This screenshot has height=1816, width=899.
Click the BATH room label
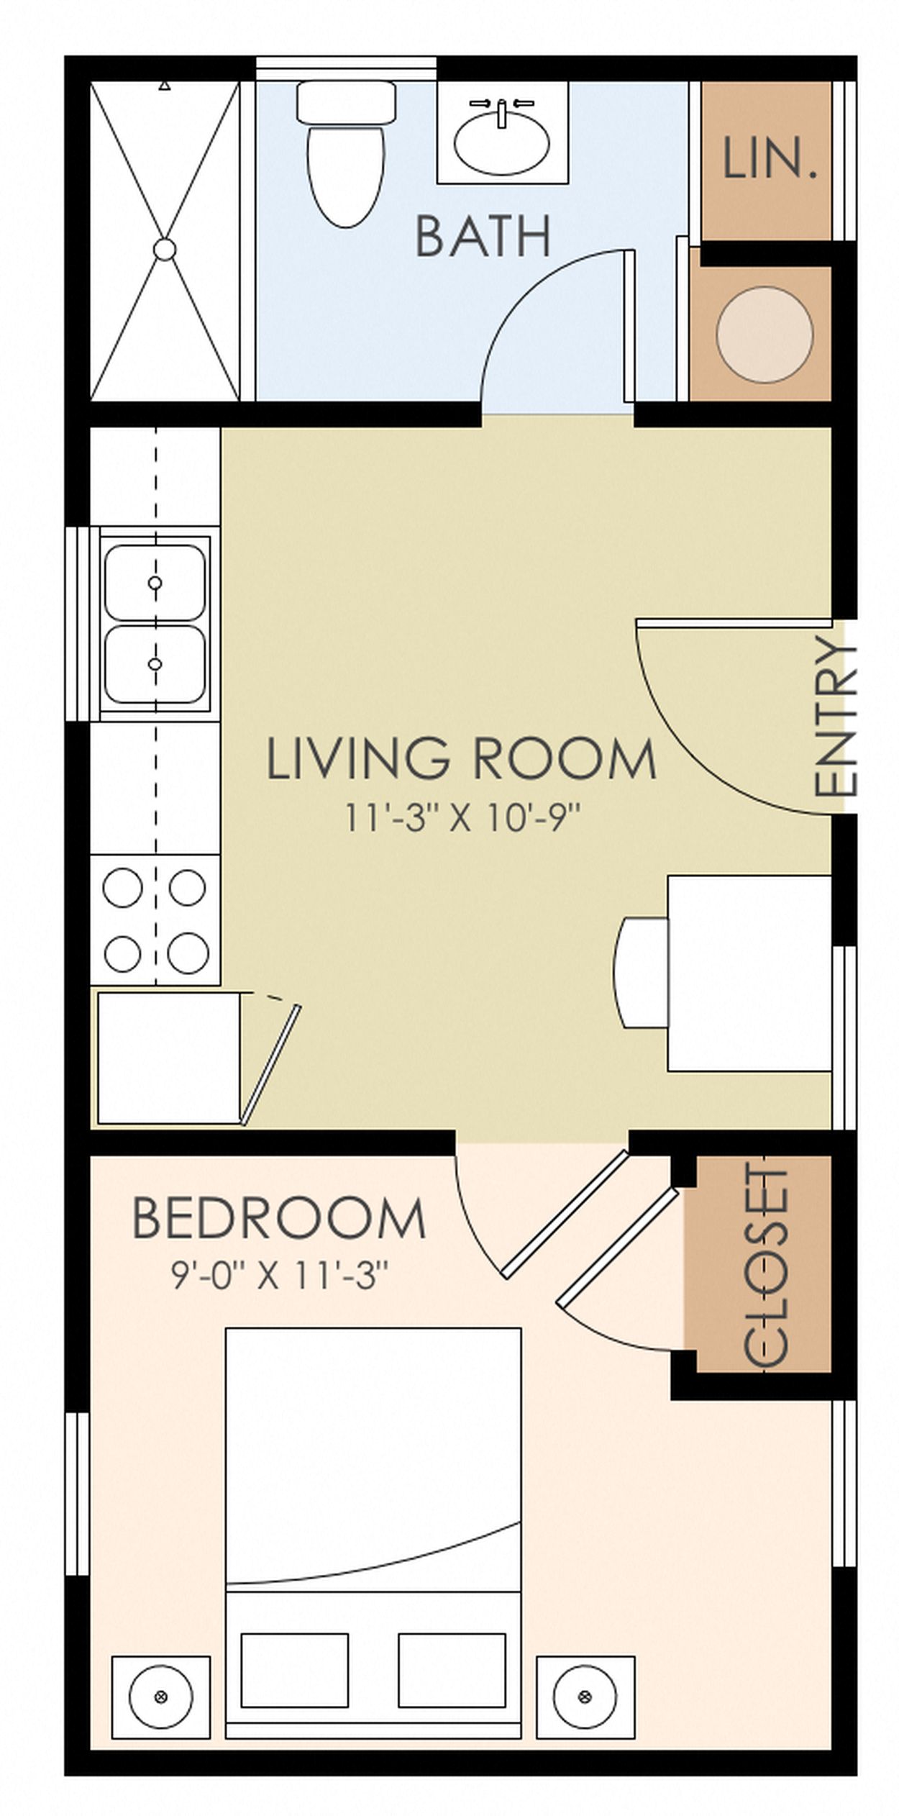tap(483, 236)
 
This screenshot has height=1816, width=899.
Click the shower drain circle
tap(165, 249)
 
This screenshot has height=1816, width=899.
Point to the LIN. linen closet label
tap(769, 159)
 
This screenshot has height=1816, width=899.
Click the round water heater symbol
tap(765, 334)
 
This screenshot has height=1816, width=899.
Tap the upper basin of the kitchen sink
tap(155, 581)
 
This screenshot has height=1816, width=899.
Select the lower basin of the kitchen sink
tap(155, 663)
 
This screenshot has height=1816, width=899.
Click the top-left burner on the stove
tap(122, 887)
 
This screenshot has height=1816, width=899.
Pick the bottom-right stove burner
tap(188, 953)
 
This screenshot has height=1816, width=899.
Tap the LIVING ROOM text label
tap(461, 760)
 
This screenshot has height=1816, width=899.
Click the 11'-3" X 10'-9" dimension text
tap(461, 818)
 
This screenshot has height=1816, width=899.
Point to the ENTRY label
tap(836, 717)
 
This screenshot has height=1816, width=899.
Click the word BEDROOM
tap(279, 1219)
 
